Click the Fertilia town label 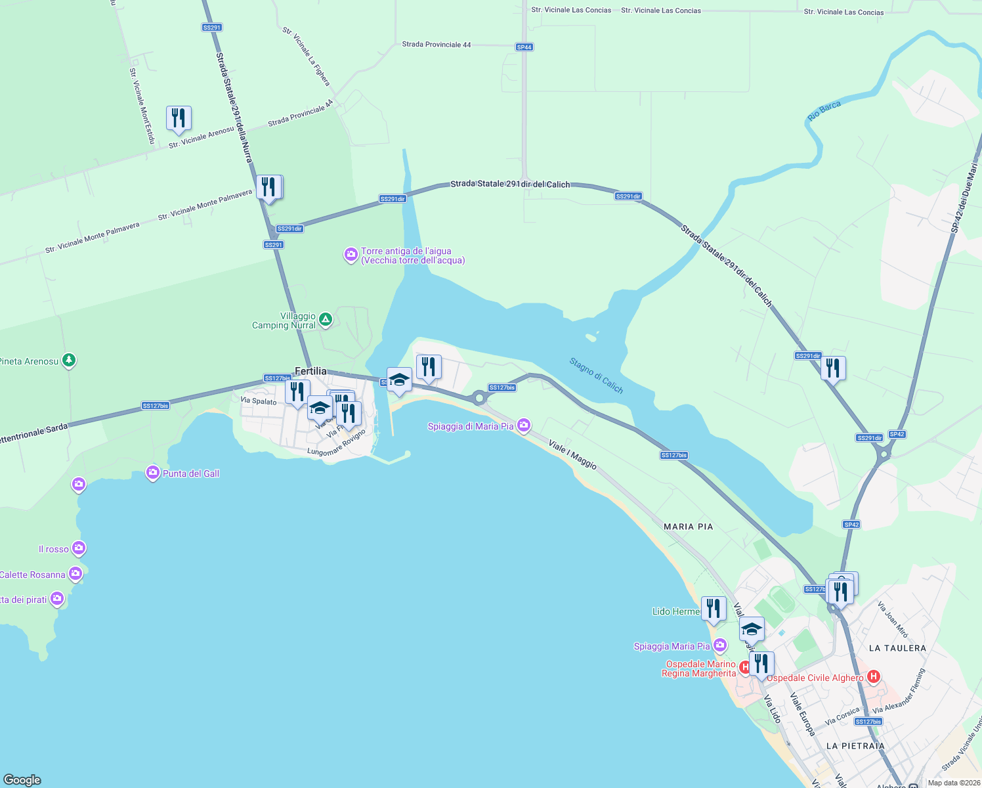[310, 372]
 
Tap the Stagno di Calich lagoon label [596, 376]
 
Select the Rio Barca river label [824, 111]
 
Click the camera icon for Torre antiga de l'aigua [351, 255]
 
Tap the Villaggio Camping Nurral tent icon [326, 320]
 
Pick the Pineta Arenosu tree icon [69, 361]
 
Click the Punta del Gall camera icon [153, 473]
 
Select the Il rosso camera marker [79, 548]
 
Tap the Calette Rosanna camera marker [75, 574]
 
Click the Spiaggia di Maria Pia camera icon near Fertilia [524, 426]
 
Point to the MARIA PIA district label [688, 527]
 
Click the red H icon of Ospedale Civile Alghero [873, 676]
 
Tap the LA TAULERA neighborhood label [897, 648]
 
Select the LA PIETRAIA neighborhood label [855, 746]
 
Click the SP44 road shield [524, 47]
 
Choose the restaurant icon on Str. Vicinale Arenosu [179, 118]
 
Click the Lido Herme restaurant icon [714, 609]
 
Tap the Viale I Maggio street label [572, 455]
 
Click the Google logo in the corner [22, 780]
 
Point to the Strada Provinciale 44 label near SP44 [436, 45]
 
